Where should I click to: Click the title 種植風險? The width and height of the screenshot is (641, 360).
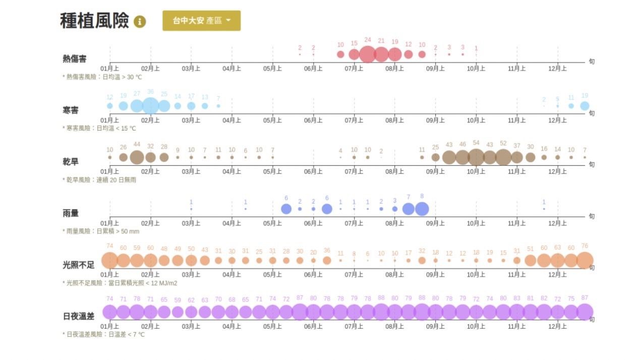pyautogui.click(x=94, y=21)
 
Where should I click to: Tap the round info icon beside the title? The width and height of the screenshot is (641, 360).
pyautogui.click(x=140, y=22)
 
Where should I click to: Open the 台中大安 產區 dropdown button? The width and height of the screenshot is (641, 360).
pyautogui.click(x=201, y=21)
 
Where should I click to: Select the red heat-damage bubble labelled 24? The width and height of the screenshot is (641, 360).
pyautogui.click(x=368, y=54)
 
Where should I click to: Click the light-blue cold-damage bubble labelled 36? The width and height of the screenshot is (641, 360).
pyautogui.click(x=150, y=106)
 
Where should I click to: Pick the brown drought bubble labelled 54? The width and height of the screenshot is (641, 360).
pyautogui.click(x=476, y=157)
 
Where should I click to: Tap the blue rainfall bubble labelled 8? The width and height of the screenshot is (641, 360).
pyautogui.click(x=422, y=209)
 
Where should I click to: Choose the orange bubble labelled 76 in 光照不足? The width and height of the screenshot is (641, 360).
pyautogui.click(x=585, y=261)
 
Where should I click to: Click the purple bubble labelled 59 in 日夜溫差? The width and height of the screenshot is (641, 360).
pyautogui.click(x=178, y=312)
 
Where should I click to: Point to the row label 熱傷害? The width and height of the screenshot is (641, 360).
pyautogui.click(x=75, y=59)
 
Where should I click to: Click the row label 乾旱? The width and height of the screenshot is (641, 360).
pyautogui.click(x=71, y=162)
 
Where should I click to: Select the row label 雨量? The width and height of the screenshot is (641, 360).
pyautogui.click(x=71, y=213)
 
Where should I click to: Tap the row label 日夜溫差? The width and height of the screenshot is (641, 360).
pyautogui.click(x=79, y=316)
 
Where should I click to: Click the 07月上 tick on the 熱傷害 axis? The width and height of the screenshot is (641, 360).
pyautogui.click(x=354, y=69)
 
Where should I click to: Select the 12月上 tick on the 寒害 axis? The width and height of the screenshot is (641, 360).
pyautogui.click(x=557, y=120)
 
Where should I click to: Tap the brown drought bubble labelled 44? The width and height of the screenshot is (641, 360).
pyautogui.click(x=137, y=157)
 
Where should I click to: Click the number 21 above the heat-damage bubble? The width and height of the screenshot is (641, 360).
pyautogui.click(x=381, y=41)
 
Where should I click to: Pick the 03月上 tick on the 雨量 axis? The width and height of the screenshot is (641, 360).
pyautogui.click(x=191, y=223)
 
